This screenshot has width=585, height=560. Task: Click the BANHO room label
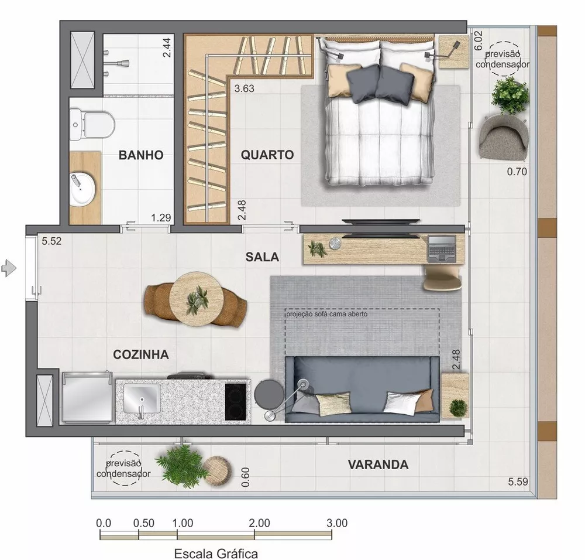point(140,155)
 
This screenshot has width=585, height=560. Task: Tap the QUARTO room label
point(267,155)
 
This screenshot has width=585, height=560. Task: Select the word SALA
point(262,257)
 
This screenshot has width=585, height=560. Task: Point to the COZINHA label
point(141,354)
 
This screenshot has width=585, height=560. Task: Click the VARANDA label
point(378,465)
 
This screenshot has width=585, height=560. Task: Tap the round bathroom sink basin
point(81,189)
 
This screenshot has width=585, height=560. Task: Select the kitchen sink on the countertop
point(141,401)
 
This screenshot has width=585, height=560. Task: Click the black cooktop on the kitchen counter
point(238,401)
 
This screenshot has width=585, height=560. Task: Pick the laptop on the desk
point(443,248)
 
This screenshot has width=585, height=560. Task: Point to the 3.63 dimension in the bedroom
point(245,89)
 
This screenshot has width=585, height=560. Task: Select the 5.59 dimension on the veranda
point(518,482)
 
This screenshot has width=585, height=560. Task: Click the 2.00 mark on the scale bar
point(259,523)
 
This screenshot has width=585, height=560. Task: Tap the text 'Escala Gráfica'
point(216,552)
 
